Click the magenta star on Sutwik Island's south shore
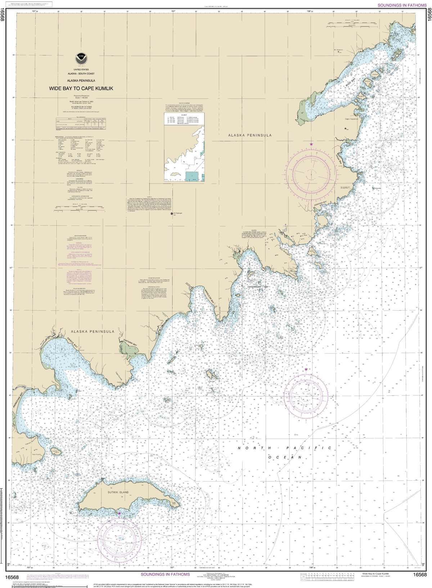click(120, 513)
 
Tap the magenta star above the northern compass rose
click(311, 144)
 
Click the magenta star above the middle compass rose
click(306, 369)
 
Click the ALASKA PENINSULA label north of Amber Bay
click(93, 331)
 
